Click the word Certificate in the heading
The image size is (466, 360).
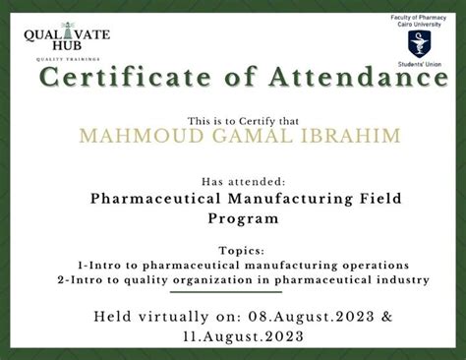tap(109, 80)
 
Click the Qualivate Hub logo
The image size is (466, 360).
tap(67, 39)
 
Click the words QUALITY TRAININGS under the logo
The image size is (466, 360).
tap(67, 59)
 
